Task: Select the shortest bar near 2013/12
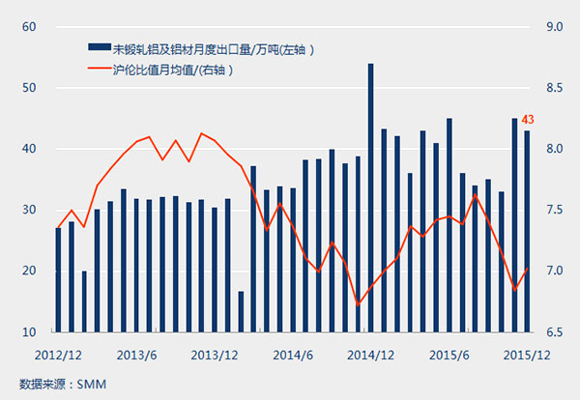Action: coord(241,311)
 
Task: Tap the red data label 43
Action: coord(528,120)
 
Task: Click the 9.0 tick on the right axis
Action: coord(554,27)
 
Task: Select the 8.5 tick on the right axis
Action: coord(554,88)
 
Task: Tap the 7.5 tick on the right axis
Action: coord(554,211)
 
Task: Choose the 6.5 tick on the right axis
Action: coord(554,332)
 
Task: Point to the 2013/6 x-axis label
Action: coord(136,354)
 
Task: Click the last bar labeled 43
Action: coord(527,232)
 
